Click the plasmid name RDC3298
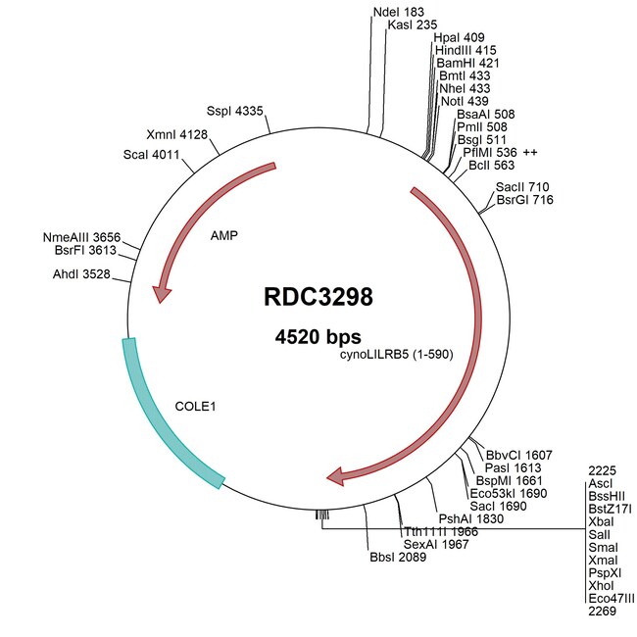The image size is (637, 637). (x=318, y=296)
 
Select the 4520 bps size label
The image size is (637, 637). (x=318, y=336)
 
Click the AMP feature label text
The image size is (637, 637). (x=224, y=236)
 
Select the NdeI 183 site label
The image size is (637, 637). (x=391, y=11)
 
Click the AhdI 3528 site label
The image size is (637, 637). (x=85, y=275)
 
